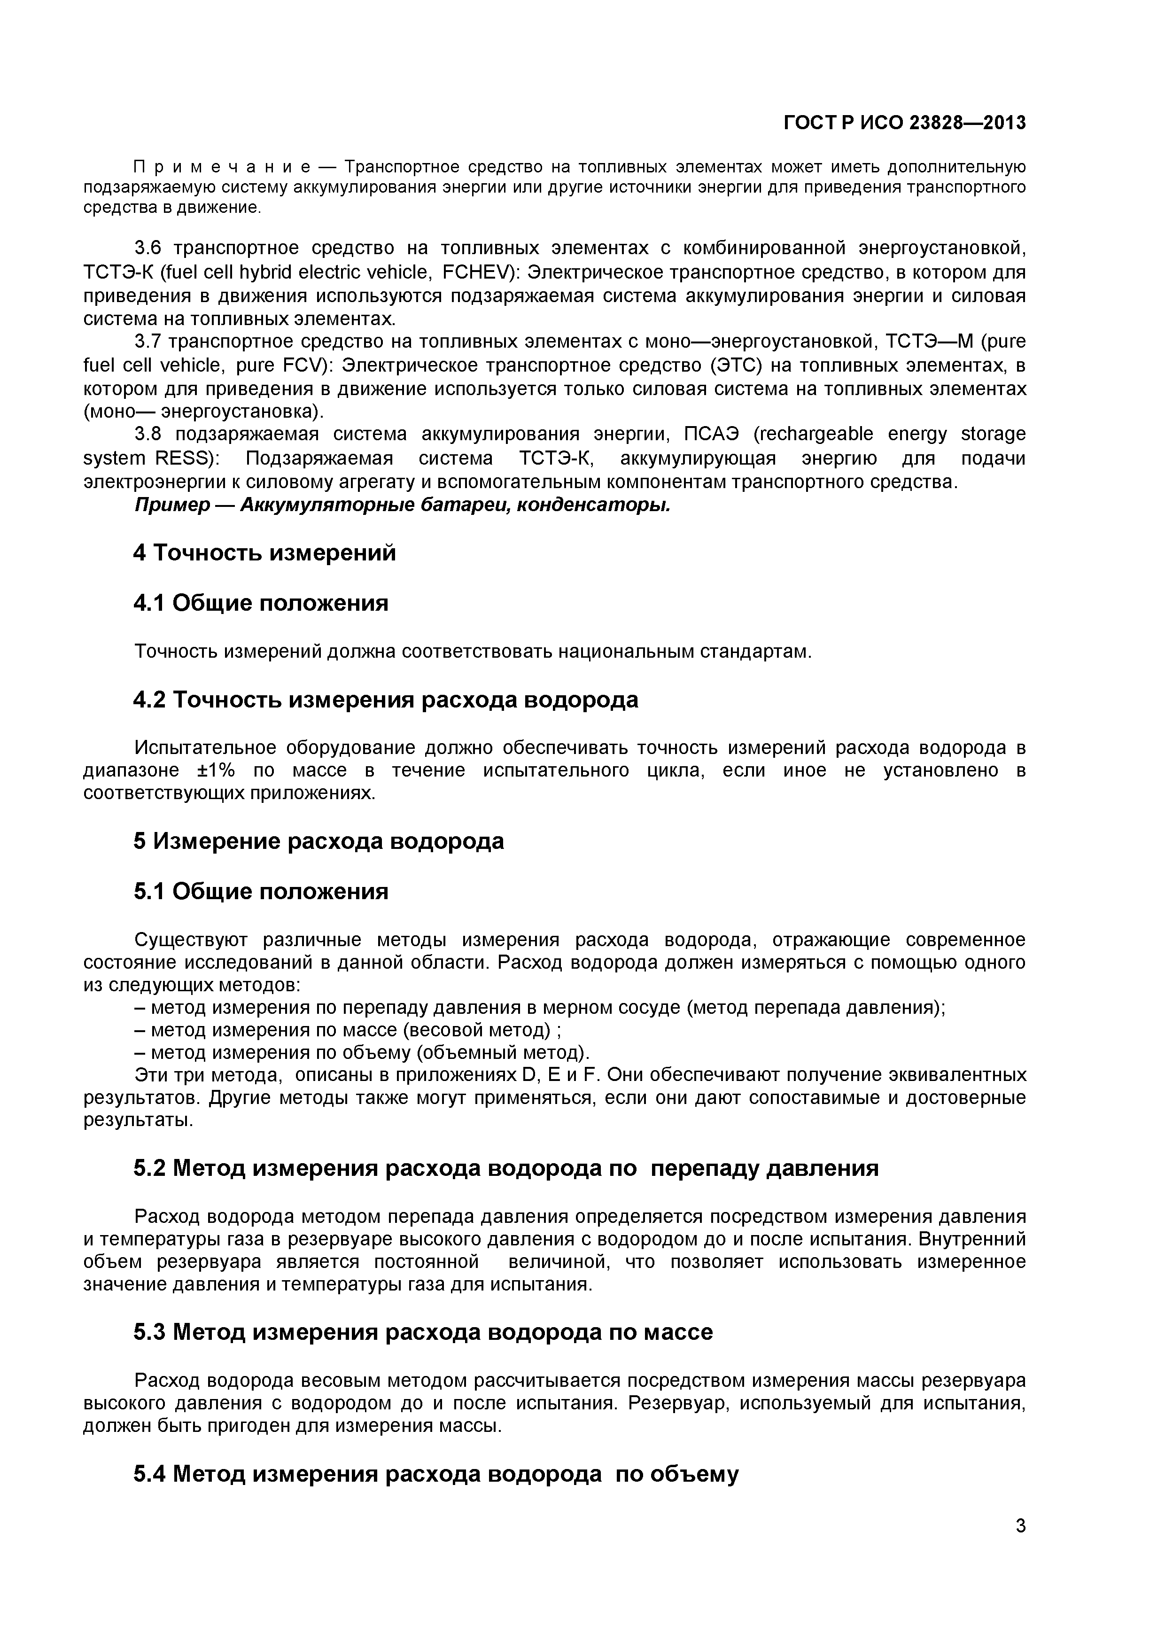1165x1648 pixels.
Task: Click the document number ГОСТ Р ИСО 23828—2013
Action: pos(904,124)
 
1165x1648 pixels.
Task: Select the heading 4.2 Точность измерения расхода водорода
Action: pos(386,700)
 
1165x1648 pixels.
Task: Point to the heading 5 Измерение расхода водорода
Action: pos(318,841)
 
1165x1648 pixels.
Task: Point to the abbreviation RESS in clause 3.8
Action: pos(183,458)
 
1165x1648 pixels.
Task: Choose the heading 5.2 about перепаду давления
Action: pos(506,1168)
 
